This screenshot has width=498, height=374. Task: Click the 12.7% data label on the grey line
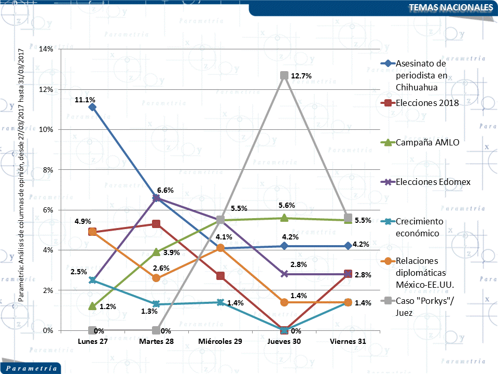pos(301,76)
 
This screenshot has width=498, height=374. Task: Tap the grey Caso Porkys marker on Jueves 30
pos(284,75)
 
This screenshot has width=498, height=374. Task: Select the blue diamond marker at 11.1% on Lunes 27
pos(92,107)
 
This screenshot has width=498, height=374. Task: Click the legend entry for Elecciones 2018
pos(427,103)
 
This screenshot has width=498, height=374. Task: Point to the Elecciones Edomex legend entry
pos(432,182)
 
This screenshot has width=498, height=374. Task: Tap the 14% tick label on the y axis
pos(46,49)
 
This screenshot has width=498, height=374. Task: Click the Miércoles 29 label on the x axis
pos(220,342)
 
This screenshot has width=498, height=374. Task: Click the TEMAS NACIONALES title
pos(450,8)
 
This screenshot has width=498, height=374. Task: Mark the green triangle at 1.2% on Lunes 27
pos(92,306)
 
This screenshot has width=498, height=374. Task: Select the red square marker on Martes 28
pos(156,224)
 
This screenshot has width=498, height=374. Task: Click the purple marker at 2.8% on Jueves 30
pos(284,274)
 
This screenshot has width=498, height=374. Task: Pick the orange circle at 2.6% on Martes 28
pos(156,278)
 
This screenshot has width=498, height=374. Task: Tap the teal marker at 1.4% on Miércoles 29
pos(220,302)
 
